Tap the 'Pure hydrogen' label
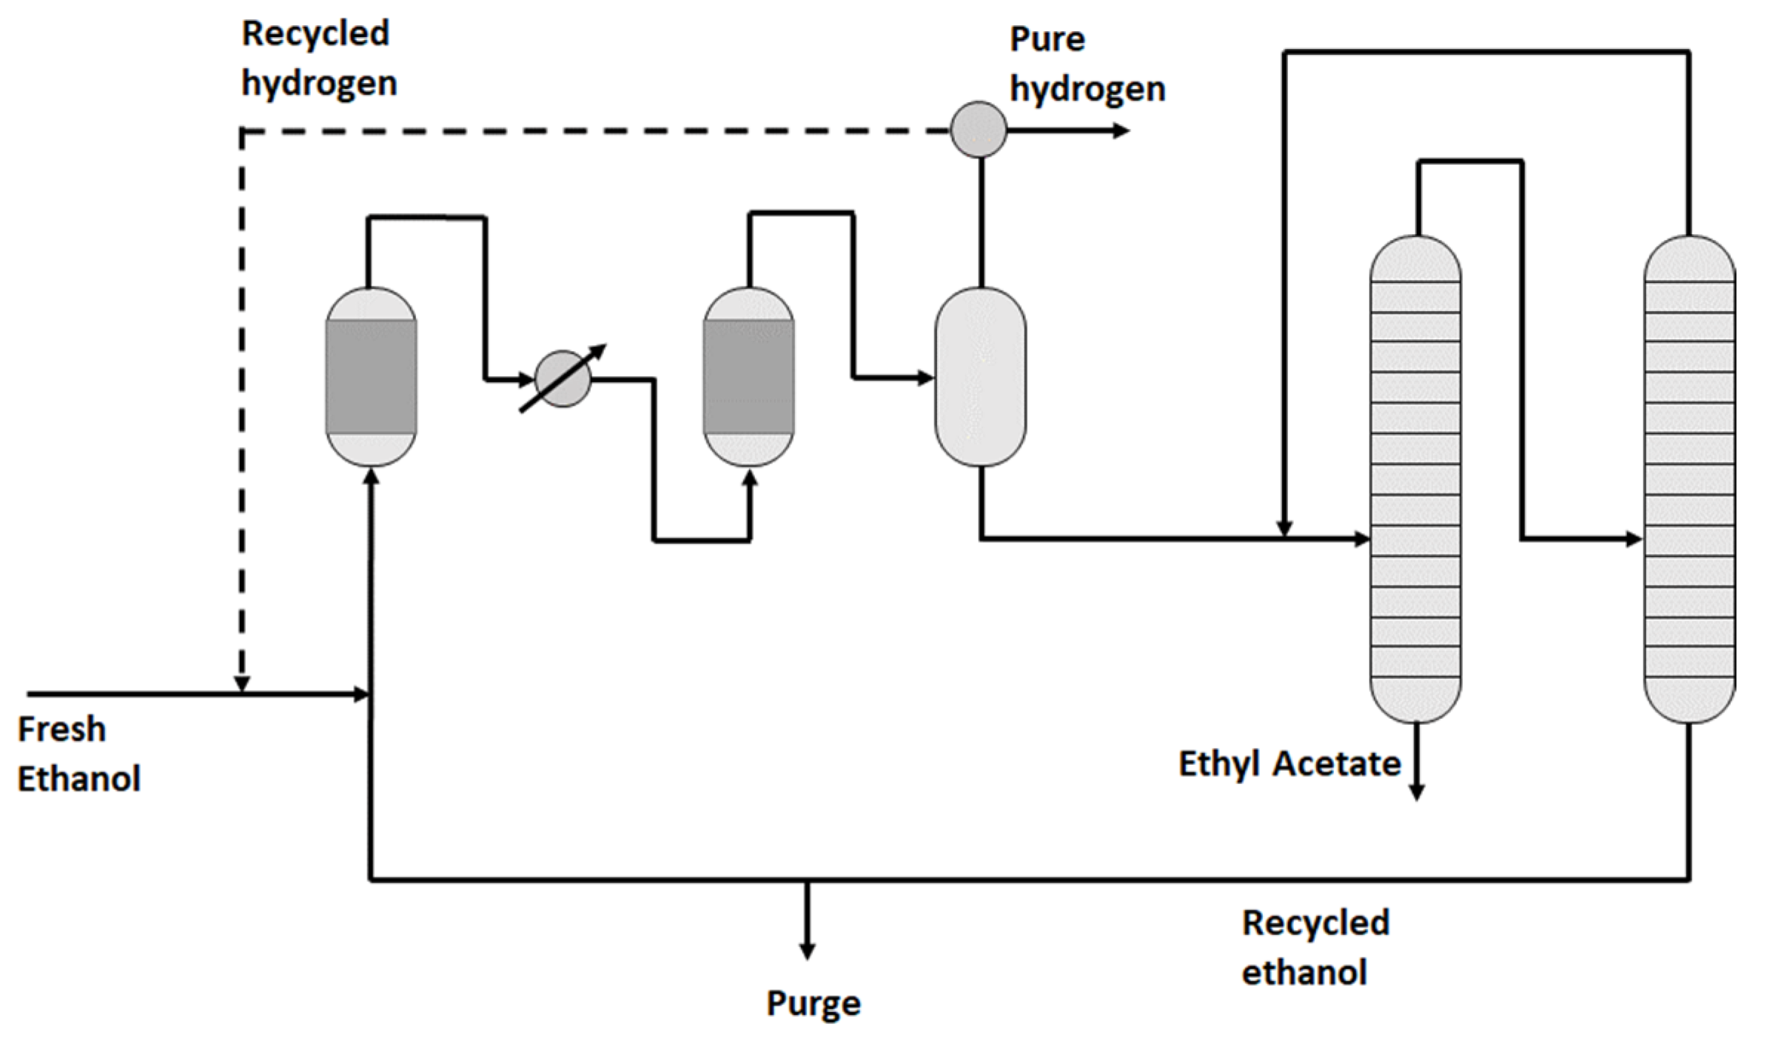1087,64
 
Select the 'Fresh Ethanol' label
78,754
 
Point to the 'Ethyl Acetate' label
1289,763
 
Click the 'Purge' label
813,1003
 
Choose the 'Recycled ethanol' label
1315,947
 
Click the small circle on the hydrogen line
978,130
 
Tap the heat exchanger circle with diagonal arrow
563,379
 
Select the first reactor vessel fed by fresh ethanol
371,377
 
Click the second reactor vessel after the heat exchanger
748,377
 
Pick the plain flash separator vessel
980,377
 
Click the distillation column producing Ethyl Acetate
1415,479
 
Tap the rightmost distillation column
1689,479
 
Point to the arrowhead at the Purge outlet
807,951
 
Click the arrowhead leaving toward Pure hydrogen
1121,131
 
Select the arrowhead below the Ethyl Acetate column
1415,792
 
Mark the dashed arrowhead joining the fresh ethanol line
241,684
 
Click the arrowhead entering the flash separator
925,378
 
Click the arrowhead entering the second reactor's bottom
750,478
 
